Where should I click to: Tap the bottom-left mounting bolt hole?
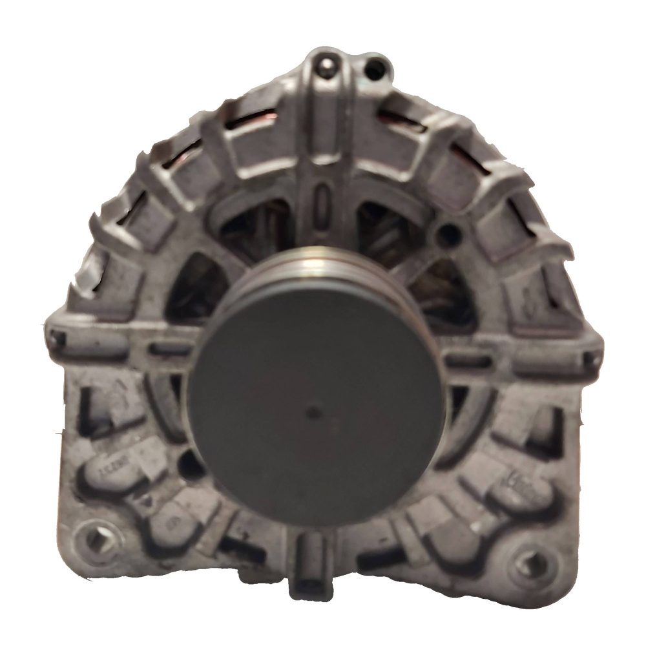(x=98, y=541)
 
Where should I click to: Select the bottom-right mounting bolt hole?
(x=532, y=563)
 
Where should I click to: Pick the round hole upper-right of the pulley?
(x=448, y=236)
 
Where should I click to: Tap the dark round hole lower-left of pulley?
(x=191, y=464)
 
